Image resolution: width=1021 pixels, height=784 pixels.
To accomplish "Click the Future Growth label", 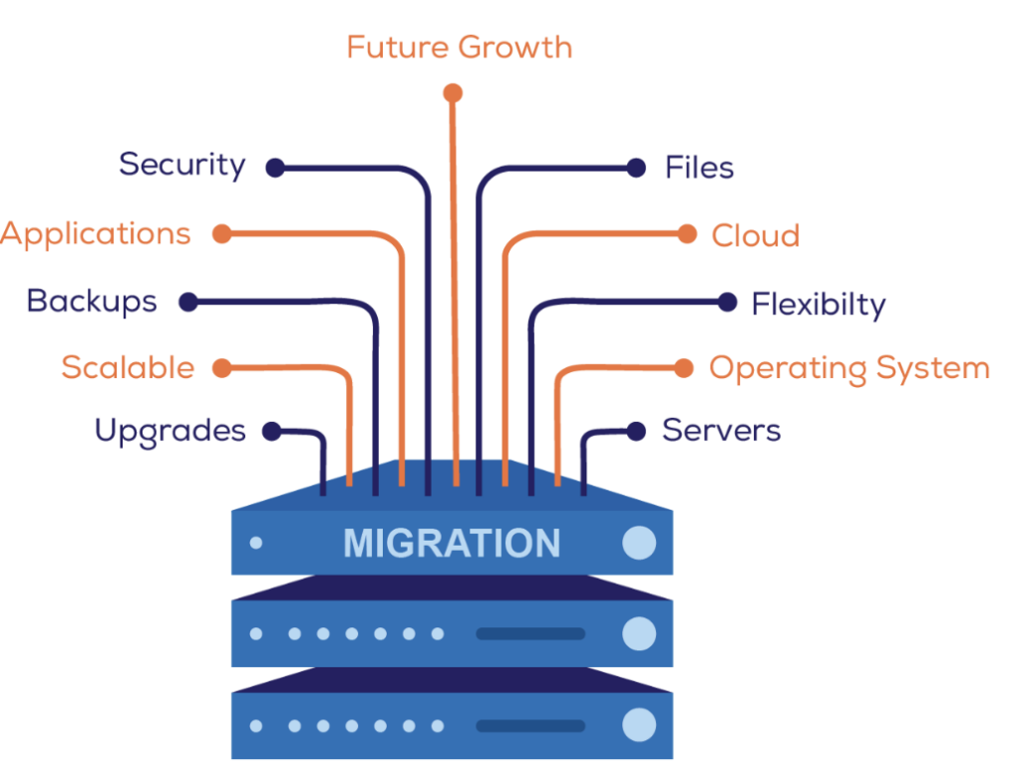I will click(460, 47).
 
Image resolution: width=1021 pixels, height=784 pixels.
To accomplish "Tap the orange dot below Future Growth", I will click(453, 94).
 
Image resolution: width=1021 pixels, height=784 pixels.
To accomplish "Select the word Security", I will click(181, 165).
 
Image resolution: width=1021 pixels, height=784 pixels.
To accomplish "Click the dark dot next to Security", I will click(275, 169).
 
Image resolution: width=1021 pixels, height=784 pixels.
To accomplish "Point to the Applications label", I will click(95, 234).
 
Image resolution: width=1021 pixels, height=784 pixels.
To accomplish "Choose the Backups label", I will click(92, 301).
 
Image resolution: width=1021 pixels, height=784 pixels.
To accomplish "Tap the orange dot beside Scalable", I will click(221, 368).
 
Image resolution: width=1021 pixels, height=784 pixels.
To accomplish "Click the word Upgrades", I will click(170, 431).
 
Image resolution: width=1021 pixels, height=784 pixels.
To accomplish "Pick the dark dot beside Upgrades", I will click(271, 431).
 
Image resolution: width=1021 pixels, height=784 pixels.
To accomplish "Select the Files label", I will click(699, 168).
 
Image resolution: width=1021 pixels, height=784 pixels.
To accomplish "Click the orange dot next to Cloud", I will click(686, 234).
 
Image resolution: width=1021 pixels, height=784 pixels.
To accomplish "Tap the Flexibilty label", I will click(818, 303).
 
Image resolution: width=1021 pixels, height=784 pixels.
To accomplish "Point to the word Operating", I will click(773, 369).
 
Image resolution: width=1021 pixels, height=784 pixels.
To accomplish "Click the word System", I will click(932, 368).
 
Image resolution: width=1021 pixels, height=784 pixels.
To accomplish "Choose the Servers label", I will click(721, 431).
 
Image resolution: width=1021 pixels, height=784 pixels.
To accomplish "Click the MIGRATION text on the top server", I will click(452, 544).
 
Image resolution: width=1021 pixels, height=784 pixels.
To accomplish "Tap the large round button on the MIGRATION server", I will click(639, 543).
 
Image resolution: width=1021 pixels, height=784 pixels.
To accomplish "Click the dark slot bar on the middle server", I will click(530, 633).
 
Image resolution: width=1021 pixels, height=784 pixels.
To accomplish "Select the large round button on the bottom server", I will click(639, 725).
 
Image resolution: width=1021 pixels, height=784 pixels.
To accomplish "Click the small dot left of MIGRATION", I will click(256, 544).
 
